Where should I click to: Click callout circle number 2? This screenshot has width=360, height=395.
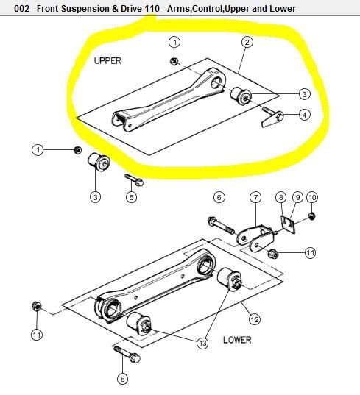[247, 42]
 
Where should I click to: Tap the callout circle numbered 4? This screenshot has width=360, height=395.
[305, 115]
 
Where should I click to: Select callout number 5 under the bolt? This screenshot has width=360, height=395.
[131, 197]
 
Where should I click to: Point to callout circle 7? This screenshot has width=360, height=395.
[255, 197]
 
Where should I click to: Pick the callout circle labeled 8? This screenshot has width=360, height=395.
[280, 197]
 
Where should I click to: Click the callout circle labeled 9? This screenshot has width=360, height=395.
[297, 197]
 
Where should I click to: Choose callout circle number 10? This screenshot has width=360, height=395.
[312, 197]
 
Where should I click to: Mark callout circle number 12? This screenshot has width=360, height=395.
[255, 319]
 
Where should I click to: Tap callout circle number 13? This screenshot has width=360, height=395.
[202, 343]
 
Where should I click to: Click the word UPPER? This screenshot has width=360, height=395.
[107, 61]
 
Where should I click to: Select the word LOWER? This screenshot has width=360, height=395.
[237, 340]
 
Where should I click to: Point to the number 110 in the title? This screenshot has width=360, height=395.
[152, 9]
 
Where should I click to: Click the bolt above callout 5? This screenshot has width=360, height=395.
[134, 179]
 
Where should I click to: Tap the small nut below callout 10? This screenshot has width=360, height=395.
[312, 216]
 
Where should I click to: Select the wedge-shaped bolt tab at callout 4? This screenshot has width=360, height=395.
[272, 118]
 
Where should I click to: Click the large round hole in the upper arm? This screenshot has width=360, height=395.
[217, 83]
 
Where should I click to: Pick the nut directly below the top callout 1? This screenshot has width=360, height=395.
[174, 61]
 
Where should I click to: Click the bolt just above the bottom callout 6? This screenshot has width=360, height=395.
[127, 354]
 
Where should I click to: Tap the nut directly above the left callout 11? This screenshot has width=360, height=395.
[37, 306]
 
